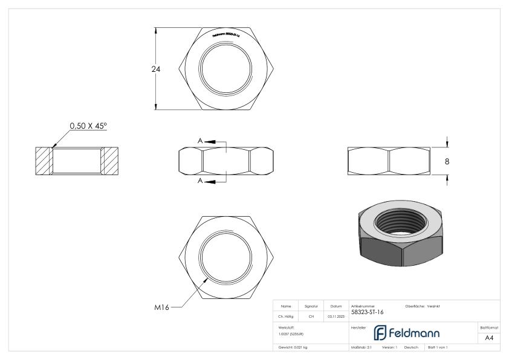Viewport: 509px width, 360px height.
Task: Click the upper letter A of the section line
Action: (x=200, y=141)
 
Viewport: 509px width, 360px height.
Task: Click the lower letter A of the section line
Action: (x=200, y=181)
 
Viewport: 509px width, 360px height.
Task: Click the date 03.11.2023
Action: (x=336, y=316)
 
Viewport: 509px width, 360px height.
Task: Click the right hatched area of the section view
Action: (x=109, y=161)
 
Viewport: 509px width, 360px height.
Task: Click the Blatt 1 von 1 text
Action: (x=438, y=349)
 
